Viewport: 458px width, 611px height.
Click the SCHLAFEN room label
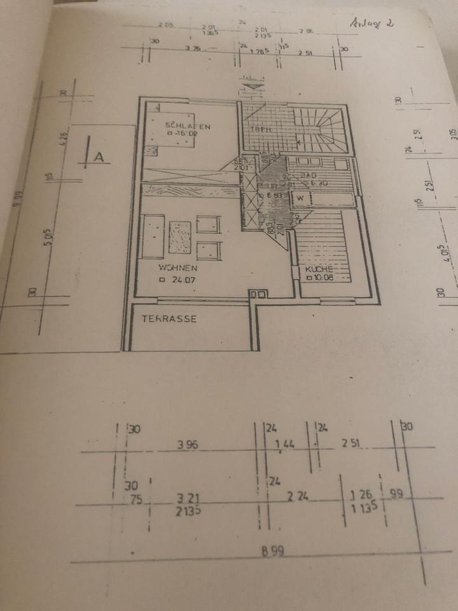187,125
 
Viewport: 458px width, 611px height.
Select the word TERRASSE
169,319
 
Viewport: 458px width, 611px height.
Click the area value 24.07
181,279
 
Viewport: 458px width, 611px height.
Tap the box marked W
300,199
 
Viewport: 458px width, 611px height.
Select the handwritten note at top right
371,23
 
